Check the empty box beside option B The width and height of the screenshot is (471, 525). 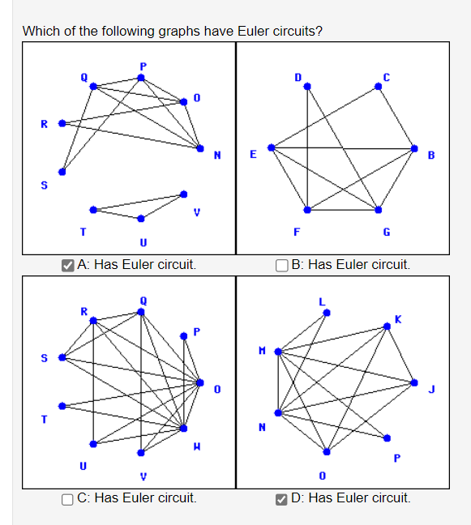281,264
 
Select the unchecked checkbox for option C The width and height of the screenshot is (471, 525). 69,497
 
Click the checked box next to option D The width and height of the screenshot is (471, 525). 281,497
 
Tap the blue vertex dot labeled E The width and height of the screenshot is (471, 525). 272,147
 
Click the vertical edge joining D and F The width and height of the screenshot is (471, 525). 306,146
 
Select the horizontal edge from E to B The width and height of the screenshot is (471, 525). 340,148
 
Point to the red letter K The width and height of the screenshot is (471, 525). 397,318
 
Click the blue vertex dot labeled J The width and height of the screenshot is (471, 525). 415,382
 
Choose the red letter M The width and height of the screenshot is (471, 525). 261,349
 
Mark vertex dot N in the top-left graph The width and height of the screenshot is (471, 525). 202,148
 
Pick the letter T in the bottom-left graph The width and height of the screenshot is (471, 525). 45,419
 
